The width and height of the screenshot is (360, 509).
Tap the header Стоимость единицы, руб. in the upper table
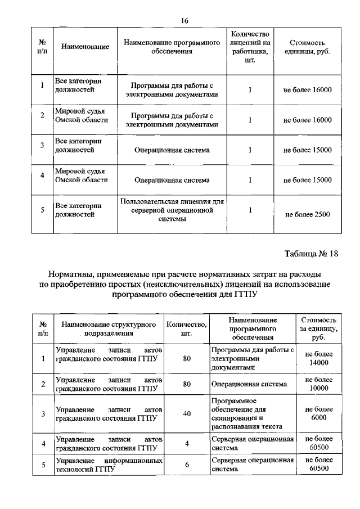point(307,47)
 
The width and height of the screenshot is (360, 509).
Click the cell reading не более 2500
point(307,214)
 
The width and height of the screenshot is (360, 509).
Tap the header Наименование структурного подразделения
point(109,328)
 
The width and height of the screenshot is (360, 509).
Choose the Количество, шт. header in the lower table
point(186,328)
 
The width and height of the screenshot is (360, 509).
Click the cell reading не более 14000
point(318,358)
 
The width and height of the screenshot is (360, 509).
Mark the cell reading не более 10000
point(318,384)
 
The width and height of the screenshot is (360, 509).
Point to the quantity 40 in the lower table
point(186,413)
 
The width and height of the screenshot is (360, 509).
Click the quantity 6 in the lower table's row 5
point(186,465)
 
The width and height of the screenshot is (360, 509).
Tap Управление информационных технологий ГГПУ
point(109,465)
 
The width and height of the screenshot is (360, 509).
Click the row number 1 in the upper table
point(42,85)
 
